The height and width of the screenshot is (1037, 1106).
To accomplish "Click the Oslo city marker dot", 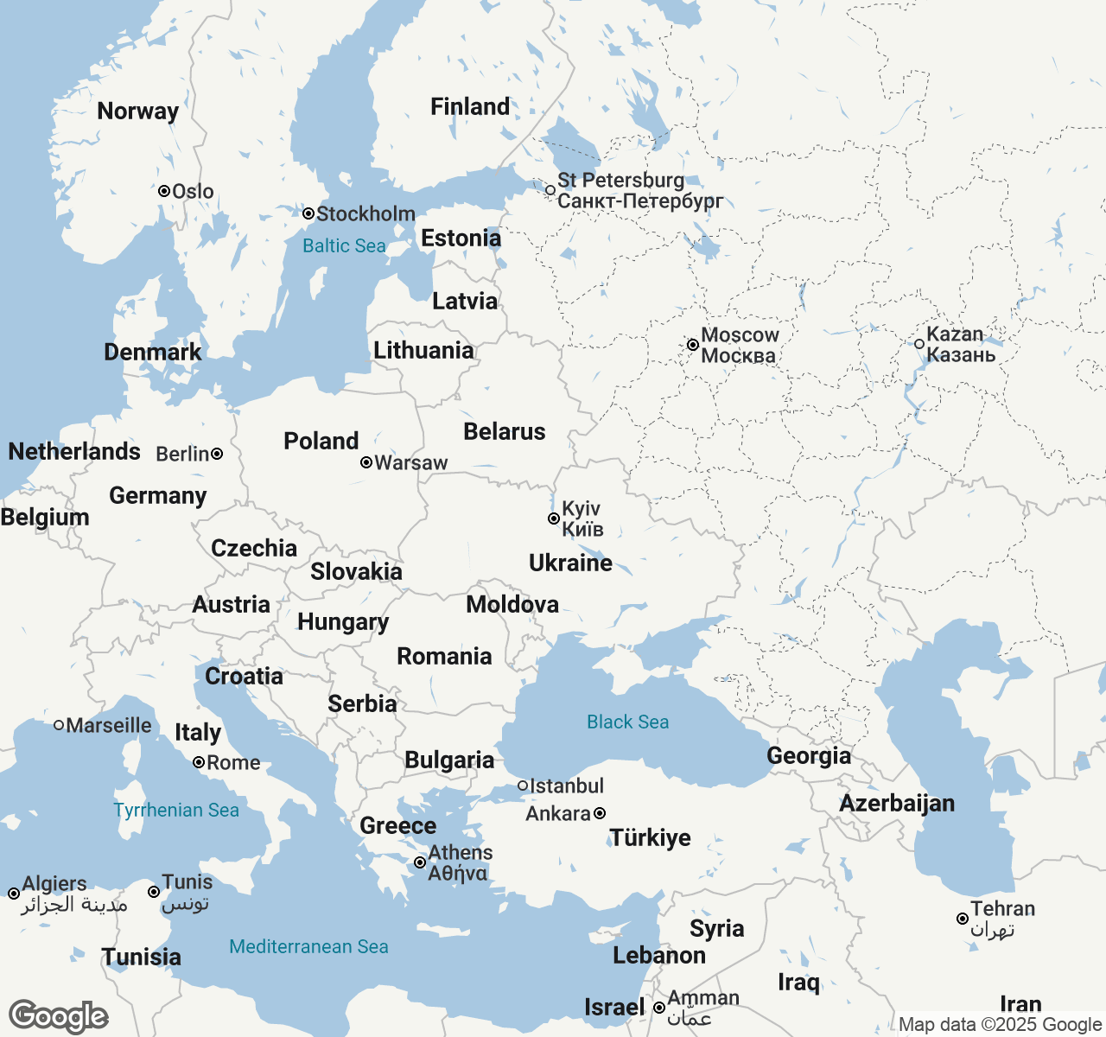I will pyautogui.click(x=163, y=191).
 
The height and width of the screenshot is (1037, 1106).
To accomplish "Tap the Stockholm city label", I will pyautogui.click(x=365, y=213).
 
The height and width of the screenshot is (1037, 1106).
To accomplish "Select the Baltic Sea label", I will pyautogui.click(x=344, y=246).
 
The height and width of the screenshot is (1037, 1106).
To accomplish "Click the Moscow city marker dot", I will pyautogui.click(x=692, y=345).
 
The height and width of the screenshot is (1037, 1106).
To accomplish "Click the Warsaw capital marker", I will pyautogui.click(x=366, y=462).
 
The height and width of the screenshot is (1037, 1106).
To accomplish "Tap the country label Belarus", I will pyautogui.click(x=505, y=432).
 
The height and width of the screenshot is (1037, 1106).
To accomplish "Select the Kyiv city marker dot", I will pyautogui.click(x=554, y=518).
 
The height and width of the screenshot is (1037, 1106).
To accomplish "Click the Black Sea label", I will pyautogui.click(x=627, y=722).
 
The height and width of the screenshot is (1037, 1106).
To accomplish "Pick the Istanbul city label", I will pyautogui.click(x=566, y=786).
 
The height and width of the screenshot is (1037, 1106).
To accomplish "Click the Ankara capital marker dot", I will pyautogui.click(x=600, y=813).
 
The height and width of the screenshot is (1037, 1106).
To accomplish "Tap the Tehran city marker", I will pyautogui.click(x=963, y=919).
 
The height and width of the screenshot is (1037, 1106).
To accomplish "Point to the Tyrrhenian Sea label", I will pyautogui.click(x=176, y=811).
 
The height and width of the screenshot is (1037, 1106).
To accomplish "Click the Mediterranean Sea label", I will pyautogui.click(x=308, y=947).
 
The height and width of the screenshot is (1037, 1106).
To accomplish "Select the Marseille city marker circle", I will pyautogui.click(x=59, y=725).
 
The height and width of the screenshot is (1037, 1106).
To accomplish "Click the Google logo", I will pyautogui.click(x=58, y=1016).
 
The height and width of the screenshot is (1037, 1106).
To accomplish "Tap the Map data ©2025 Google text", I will pyautogui.click(x=1000, y=1025).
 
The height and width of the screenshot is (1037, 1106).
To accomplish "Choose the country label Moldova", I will pyautogui.click(x=512, y=604).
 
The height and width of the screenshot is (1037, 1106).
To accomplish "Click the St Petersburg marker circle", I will pyautogui.click(x=550, y=189).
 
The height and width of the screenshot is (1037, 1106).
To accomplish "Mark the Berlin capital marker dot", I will pyautogui.click(x=217, y=454).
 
